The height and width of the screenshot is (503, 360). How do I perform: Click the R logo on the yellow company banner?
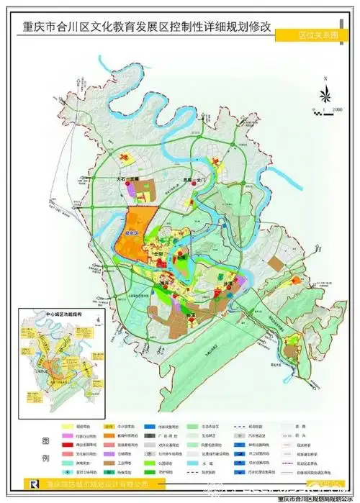coord(29,485)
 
